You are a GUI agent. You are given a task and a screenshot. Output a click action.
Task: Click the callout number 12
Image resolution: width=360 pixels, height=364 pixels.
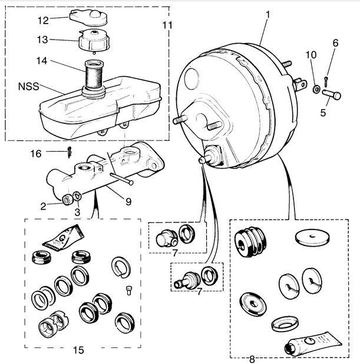[43, 21]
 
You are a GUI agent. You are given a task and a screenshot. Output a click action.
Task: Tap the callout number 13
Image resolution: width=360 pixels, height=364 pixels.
[42, 40]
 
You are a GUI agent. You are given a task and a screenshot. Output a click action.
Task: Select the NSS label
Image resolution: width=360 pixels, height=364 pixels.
[28, 87]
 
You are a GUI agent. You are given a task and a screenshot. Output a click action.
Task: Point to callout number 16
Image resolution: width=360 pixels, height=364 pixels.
[36, 153]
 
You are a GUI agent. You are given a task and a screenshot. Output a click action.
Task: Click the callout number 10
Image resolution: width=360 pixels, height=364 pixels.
[311, 55]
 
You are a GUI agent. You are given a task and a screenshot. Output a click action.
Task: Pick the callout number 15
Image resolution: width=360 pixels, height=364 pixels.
[78, 350]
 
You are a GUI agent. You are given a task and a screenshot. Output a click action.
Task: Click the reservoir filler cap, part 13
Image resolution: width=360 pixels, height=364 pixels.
[94, 41]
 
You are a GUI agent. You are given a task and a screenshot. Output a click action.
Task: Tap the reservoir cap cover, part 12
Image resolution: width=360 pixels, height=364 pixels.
[88, 18]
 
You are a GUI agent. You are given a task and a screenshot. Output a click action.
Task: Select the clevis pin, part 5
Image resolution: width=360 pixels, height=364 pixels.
[332, 94]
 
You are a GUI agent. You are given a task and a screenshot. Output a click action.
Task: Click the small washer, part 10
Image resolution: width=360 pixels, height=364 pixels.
[316, 89]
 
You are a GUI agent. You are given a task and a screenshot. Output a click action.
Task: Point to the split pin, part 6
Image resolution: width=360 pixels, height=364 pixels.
[326, 82]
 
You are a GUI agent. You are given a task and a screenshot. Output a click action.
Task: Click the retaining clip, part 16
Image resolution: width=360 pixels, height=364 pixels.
[70, 152]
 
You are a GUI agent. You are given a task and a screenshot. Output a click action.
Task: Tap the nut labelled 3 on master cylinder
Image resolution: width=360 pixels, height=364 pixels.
[77, 196]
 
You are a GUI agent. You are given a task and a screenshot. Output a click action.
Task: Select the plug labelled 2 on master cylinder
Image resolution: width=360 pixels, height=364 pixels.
[67, 199]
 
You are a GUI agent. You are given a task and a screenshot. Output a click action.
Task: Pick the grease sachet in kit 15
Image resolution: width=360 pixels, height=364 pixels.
[64, 238]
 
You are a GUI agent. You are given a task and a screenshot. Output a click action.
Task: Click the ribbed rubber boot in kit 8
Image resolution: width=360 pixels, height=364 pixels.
[250, 242]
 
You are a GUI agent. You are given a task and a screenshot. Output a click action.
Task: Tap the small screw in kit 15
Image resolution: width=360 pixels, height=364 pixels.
[129, 290]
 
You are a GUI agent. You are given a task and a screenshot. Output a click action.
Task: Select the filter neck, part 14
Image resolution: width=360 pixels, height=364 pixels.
[94, 75]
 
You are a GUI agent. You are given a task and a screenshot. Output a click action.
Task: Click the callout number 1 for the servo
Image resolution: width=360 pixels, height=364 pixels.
[267, 15]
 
